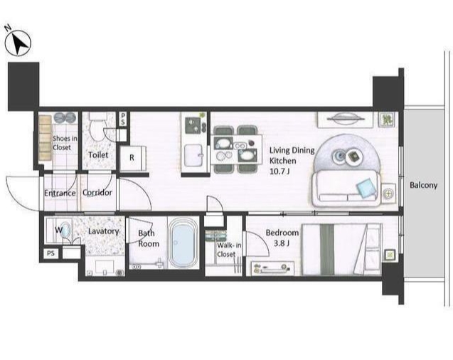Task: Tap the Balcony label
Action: [424, 185]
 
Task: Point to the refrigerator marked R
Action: [132, 158]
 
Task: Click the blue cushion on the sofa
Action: [367, 189]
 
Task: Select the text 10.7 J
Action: [279, 171]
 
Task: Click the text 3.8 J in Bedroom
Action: [282, 243]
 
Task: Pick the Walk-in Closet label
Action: [229, 250]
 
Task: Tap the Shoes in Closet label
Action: [65, 143]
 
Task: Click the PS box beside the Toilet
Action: [123, 119]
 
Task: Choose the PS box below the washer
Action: [50, 253]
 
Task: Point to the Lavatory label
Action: [103, 231]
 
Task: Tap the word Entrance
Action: [60, 193]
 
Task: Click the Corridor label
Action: [97, 192]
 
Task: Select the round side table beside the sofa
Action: [388, 194]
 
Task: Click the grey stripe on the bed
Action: [327, 249]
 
